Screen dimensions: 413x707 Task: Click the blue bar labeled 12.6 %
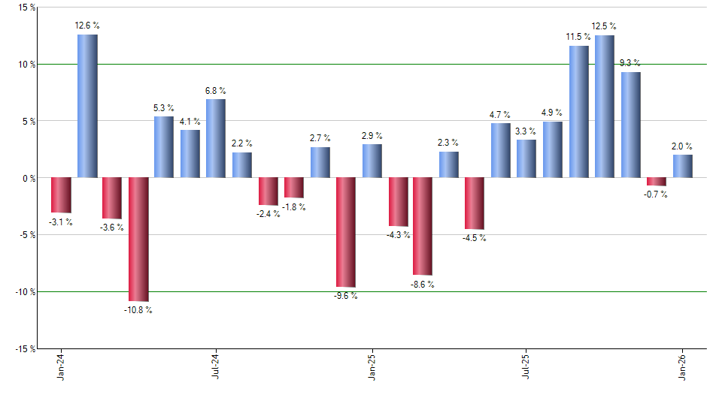tap(87, 106)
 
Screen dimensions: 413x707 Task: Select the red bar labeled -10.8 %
tap(138, 240)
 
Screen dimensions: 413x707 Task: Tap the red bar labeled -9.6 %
tap(346, 233)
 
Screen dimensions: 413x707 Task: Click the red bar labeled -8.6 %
tap(423, 227)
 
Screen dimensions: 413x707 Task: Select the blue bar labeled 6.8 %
tap(216, 139)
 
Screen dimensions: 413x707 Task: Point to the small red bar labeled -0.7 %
tap(657, 182)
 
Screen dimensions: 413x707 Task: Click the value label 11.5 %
tap(578, 36)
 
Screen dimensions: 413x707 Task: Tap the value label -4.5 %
tap(474, 239)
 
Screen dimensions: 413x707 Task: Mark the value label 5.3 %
tap(164, 107)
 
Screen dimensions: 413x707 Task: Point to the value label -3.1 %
tap(60, 222)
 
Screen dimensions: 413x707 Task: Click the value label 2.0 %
tap(683, 146)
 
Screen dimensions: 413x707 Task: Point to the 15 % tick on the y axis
tap(26, 8)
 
